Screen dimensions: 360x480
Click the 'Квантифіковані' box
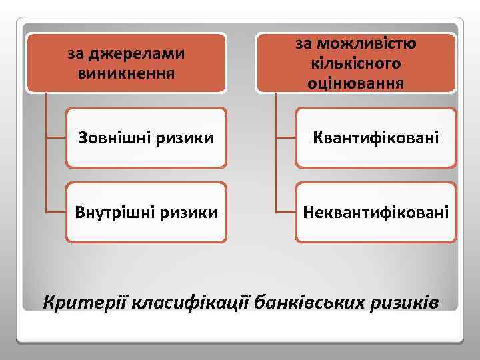[377, 138]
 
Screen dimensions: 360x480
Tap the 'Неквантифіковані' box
[377, 213]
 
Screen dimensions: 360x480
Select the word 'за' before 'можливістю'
[304, 44]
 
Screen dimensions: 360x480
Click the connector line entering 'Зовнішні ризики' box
[56, 138]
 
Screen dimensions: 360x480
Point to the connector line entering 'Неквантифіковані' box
[287, 213]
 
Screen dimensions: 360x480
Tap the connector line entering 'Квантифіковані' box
[287, 138]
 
